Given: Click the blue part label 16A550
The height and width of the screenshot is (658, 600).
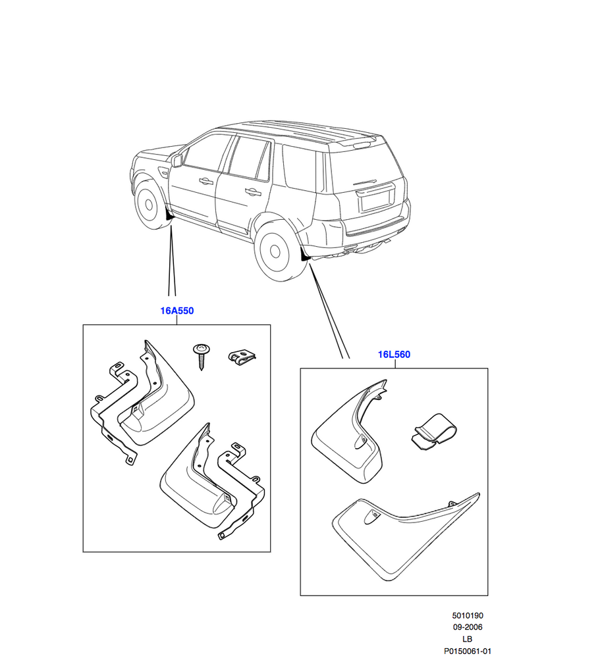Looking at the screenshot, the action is pyautogui.click(x=177, y=311).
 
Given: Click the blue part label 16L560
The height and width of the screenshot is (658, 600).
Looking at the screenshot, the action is pyautogui.click(x=394, y=355).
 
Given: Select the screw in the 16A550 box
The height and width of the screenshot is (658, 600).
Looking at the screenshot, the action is pyautogui.click(x=202, y=356).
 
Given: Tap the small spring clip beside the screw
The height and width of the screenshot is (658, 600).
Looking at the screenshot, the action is pyautogui.click(x=242, y=357).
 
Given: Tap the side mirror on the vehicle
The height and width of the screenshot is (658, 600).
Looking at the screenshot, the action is pyautogui.click(x=176, y=161).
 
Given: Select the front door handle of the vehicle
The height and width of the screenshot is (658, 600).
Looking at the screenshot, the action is pyautogui.click(x=206, y=182).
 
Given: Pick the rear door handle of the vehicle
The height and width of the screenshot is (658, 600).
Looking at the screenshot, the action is pyautogui.click(x=253, y=193).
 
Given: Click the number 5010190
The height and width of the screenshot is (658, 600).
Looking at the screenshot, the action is pyautogui.click(x=468, y=616).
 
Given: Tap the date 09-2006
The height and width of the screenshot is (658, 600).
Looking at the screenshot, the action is pyautogui.click(x=468, y=627).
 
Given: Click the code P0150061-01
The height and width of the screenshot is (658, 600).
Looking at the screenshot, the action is pyautogui.click(x=468, y=651).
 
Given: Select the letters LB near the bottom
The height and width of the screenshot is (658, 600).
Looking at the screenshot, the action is pyautogui.click(x=467, y=639).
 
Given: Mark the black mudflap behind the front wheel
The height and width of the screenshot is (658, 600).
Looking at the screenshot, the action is pyautogui.click(x=169, y=215).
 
